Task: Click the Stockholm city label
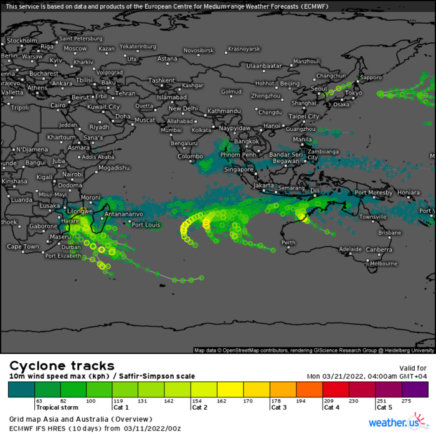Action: point(22,40)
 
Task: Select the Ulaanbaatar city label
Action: point(265,65)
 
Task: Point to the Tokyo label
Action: point(353,93)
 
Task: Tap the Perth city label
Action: point(288,242)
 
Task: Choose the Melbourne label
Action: point(383,263)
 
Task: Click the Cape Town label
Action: point(23,247)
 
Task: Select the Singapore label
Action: point(239,169)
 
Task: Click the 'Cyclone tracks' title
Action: point(61,366)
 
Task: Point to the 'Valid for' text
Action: point(413,367)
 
